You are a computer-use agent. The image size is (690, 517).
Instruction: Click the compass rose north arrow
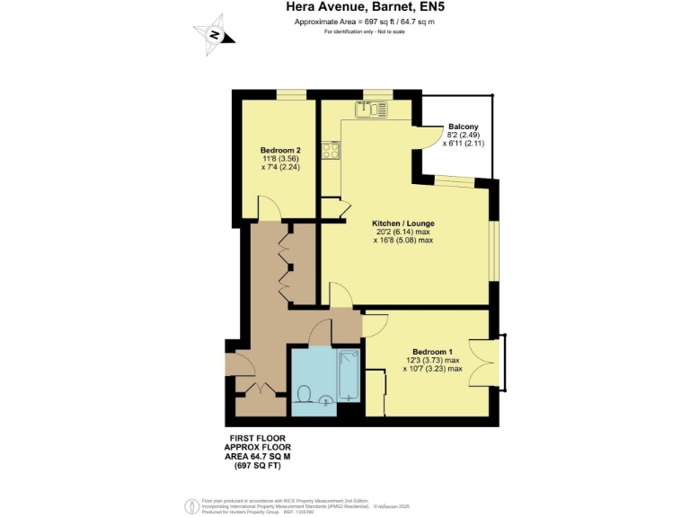pyautogui.click(x=216, y=35)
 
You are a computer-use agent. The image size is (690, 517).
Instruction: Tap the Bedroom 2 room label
pyautogui.click(x=279, y=150)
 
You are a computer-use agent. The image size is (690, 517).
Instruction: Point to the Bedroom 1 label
pyautogui.click(x=432, y=351)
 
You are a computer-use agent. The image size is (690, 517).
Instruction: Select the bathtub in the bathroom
pyautogui.click(x=349, y=376)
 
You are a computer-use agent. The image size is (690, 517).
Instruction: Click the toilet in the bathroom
pyautogui.click(x=304, y=395)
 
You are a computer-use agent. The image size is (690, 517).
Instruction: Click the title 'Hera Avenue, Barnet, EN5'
pyautogui.click(x=344, y=7)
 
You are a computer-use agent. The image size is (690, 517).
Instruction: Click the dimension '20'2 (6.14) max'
pyautogui.click(x=403, y=231)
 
